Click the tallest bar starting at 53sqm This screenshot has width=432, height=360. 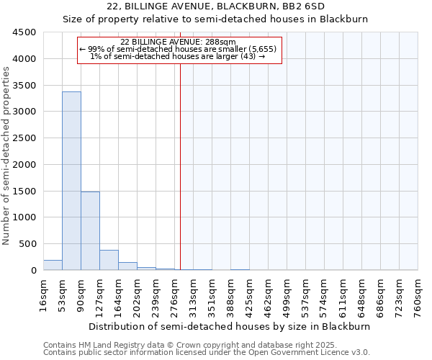click(71, 181)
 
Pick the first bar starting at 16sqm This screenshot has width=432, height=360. click(53, 265)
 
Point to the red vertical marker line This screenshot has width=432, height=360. click(180, 166)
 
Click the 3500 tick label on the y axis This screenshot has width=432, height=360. click(24, 85)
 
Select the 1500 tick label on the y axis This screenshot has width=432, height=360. click(24, 191)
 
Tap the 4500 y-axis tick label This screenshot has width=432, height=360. click(24, 32)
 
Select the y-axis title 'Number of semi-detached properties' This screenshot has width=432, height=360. click(7, 155)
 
